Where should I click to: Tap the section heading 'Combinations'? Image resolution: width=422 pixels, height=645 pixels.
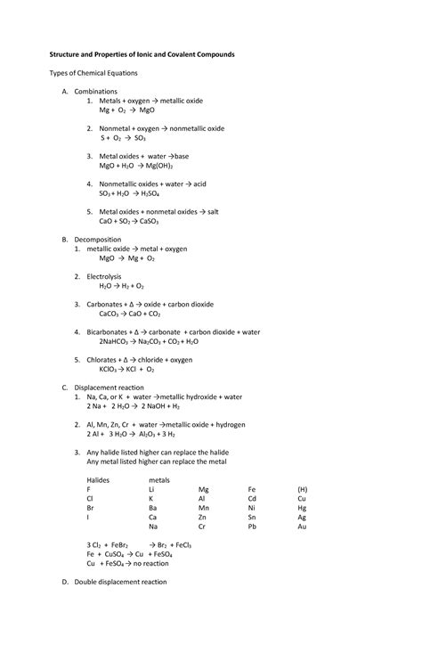point(95,92)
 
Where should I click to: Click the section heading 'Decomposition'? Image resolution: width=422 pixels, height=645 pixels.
point(99,240)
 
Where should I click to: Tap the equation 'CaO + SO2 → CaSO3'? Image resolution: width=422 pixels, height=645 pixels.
point(128,222)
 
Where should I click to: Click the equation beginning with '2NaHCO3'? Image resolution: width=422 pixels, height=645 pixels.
point(149,341)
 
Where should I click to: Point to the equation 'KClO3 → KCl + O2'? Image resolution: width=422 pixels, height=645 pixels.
point(126,369)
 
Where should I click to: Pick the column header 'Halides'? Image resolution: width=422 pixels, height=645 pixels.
point(99,479)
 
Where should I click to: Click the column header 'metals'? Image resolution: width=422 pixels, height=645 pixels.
point(159,479)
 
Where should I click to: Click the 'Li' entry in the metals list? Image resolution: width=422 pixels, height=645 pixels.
point(152,489)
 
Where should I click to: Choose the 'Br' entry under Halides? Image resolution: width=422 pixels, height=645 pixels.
point(91,508)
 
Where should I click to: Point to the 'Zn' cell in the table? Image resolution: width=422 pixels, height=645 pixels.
point(203,517)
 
